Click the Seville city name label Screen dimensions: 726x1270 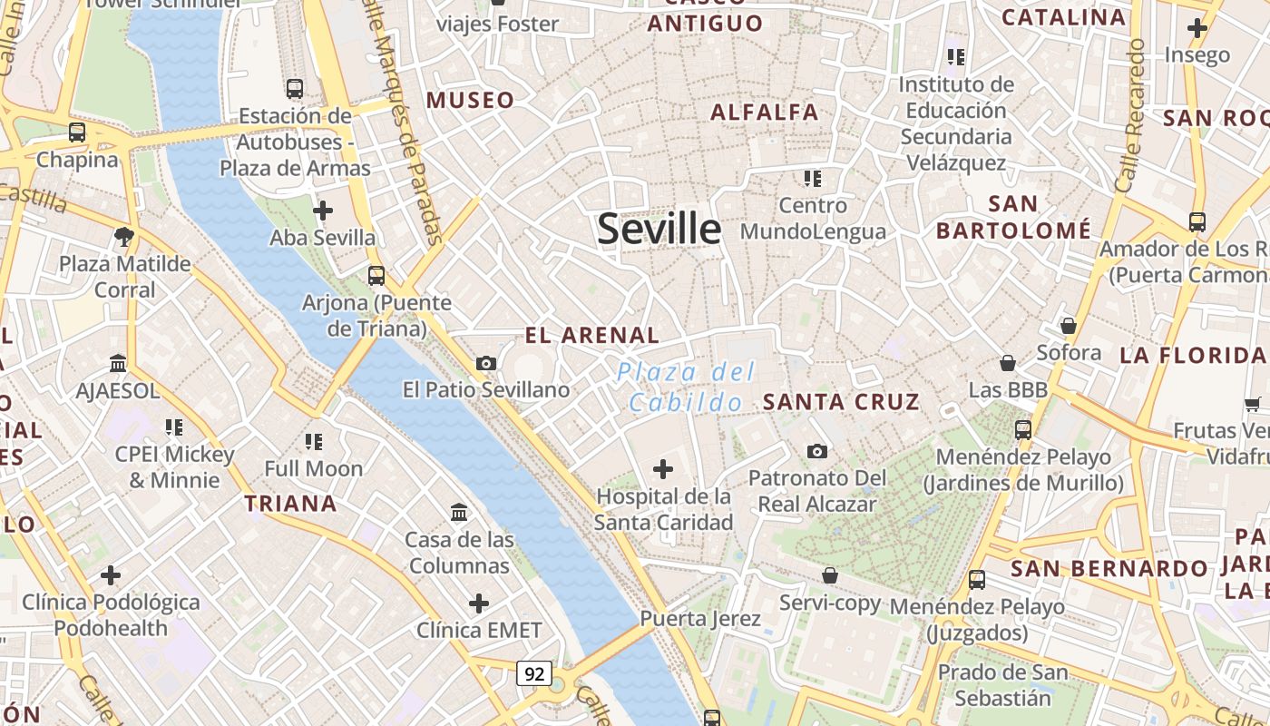[x=659, y=229]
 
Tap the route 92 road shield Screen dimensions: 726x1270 [x=534, y=673]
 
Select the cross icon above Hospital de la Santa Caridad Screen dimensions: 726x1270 [x=663, y=469]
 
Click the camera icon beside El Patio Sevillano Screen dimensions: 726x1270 [x=486, y=364]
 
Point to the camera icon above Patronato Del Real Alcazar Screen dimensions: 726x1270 [x=816, y=451]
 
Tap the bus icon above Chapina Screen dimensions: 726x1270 [x=77, y=132]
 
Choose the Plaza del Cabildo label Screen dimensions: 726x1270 [x=685, y=387]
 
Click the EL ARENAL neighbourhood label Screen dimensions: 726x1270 [x=591, y=335]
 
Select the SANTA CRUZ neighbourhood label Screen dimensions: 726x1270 [x=841, y=401]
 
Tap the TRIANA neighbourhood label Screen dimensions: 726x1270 [x=290, y=504]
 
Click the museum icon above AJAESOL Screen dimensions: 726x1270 [x=118, y=364]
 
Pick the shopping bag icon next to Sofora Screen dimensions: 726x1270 [x=1069, y=326]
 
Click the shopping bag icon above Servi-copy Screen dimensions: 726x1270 [x=829, y=575]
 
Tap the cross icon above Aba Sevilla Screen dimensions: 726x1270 [x=322, y=211]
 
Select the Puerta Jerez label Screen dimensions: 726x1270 [x=700, y=619]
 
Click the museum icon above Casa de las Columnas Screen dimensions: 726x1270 [x=459, y=513]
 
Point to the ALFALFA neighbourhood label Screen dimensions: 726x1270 [x=765, y=113]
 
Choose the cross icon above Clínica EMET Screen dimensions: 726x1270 [x=478, y=603]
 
